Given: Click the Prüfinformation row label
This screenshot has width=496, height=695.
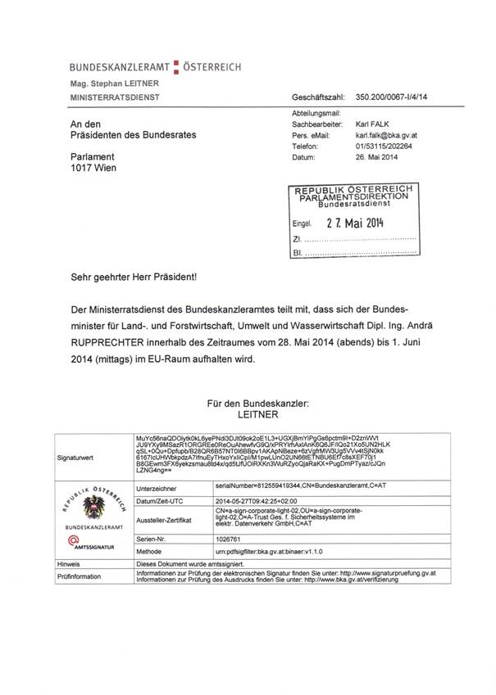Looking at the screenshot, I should pyautogui.click(x=80, y=576).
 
